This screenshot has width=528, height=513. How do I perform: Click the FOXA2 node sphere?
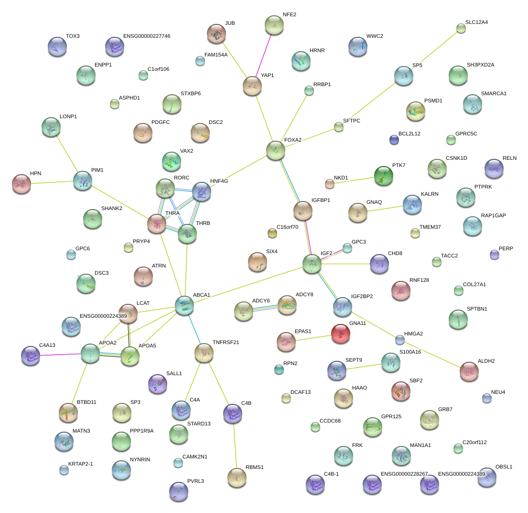276,150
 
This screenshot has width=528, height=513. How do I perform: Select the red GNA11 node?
340,334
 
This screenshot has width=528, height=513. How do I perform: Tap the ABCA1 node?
184,305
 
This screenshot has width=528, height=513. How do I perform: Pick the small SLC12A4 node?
461,29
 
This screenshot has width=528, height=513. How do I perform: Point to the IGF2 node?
312,264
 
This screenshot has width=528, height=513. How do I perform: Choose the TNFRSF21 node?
204,353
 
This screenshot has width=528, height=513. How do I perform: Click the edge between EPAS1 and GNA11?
313,338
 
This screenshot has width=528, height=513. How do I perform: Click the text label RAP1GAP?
493,215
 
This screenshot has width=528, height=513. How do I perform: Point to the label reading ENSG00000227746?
147,36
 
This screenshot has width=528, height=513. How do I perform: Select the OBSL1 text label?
504,466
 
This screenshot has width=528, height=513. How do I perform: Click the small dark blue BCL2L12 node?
394,140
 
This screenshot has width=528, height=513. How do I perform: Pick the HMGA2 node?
400,340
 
